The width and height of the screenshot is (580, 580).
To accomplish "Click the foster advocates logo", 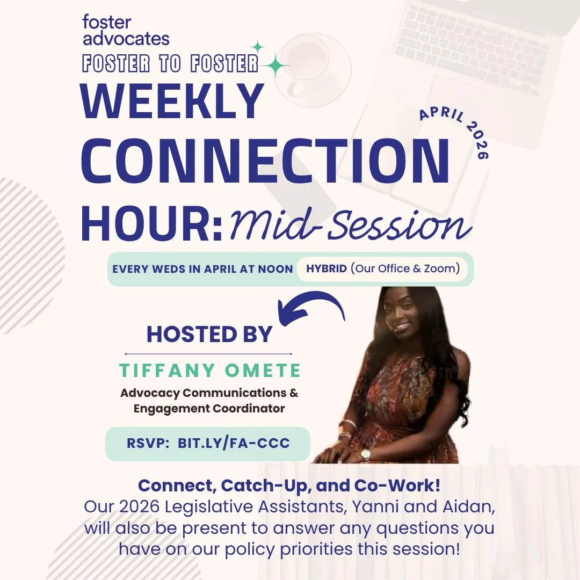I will coord(126,31).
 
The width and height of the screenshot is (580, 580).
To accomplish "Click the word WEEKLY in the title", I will coord(172,102).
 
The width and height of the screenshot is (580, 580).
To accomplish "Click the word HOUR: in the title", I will coord(152,221).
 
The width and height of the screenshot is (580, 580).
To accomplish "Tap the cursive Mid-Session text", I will coord(349,224).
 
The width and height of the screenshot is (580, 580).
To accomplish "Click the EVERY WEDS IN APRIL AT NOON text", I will coord(202,269).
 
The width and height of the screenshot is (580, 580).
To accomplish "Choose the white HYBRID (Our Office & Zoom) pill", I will coord(382,269).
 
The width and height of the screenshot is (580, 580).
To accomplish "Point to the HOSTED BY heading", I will coord(209,334).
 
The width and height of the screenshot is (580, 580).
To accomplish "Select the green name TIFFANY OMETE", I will coord(210,371).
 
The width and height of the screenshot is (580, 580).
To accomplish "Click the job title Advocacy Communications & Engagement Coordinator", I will coord(209,401).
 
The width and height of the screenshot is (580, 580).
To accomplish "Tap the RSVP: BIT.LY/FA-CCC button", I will coord(208,444).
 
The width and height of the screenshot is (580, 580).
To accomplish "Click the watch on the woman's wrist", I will coord(366,454).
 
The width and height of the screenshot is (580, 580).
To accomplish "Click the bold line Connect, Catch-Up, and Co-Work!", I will coord(289,485).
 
